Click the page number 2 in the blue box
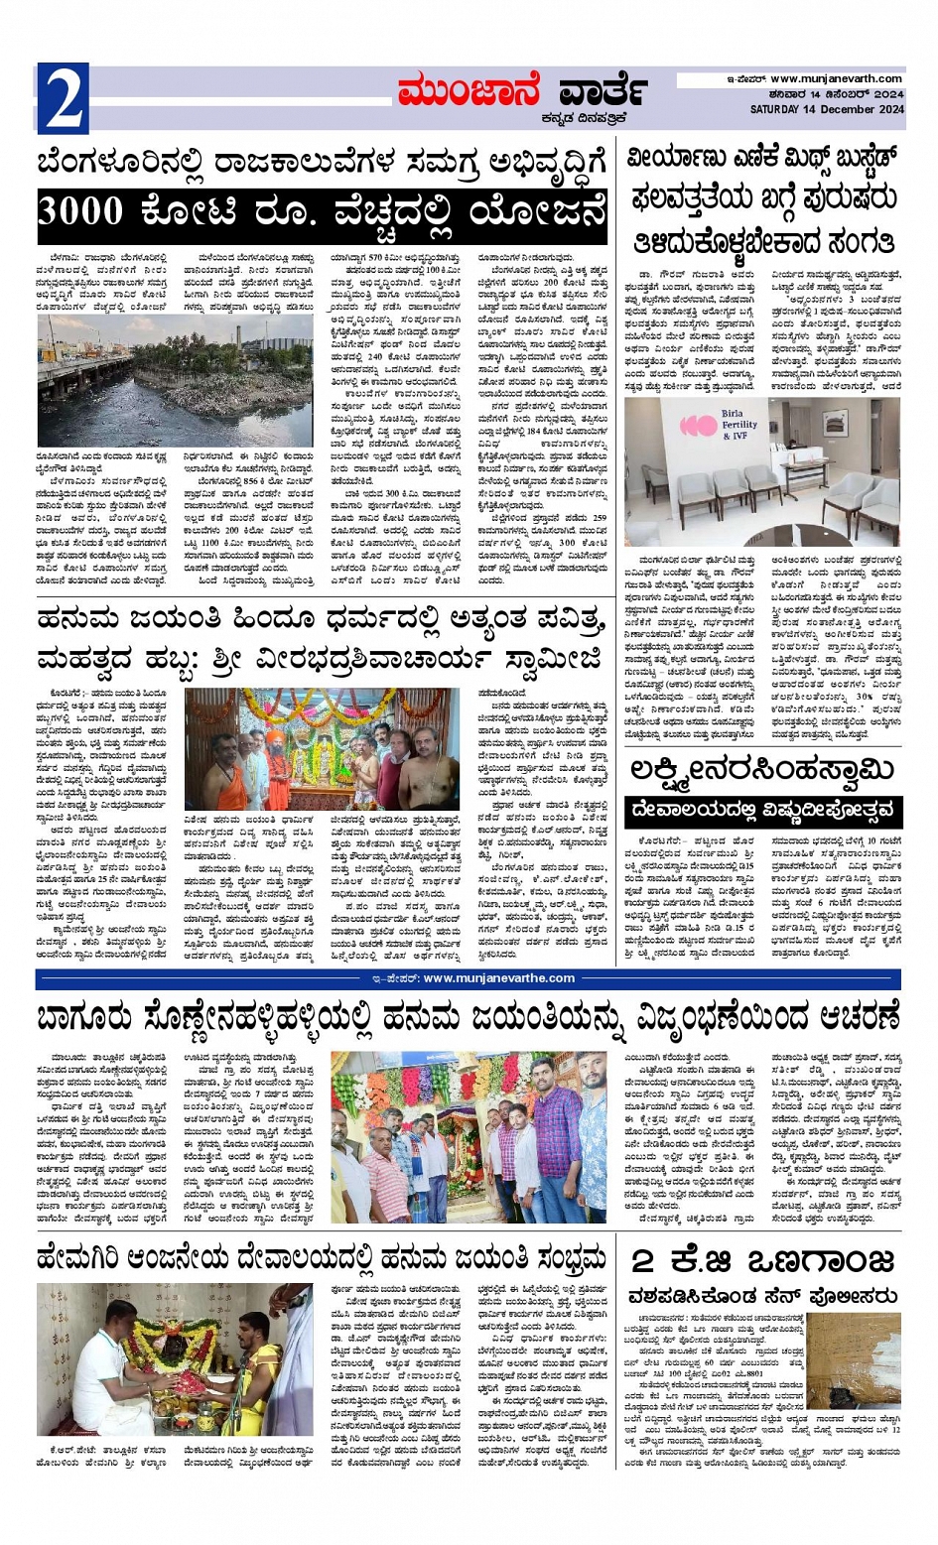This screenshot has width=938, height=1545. pyautogui.click(x=64, y=98)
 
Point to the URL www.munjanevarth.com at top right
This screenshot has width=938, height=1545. pyautogui.click(x=836, y=78)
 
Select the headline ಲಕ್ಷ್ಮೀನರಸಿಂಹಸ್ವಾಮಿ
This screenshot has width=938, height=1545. pyautogui.click(x=762, y=770)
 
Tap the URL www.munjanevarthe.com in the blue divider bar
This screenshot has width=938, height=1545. pyautogui.click(x=498, y=977)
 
